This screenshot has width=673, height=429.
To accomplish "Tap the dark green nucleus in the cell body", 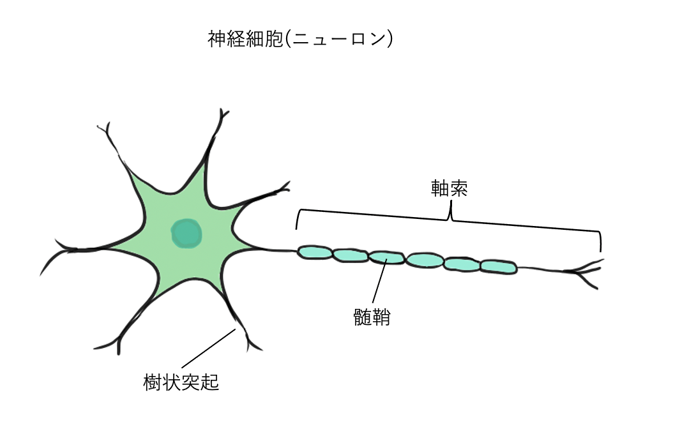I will (x=186, y=234).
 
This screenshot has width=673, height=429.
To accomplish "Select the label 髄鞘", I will (x=372, y=317).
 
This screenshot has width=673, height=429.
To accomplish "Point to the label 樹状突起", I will (x=181, y=382).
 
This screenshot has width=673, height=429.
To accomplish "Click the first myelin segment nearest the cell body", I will (x=315, y=253).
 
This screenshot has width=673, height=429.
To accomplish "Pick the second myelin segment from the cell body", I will (x=350, y=255).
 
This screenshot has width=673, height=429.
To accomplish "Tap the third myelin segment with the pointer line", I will (x=386, y=257).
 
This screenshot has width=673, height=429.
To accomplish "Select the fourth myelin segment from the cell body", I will (x=425, y=260).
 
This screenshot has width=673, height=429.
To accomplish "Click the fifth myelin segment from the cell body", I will (x=462, y=263).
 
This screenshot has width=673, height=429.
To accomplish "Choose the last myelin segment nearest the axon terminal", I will (x=498, y=266).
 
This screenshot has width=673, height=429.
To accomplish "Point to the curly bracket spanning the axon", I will (x=450, y=217).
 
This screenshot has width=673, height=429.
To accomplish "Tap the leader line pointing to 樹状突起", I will (x=204, y=352).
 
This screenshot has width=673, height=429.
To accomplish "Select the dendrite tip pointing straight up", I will (x=223, y=117).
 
